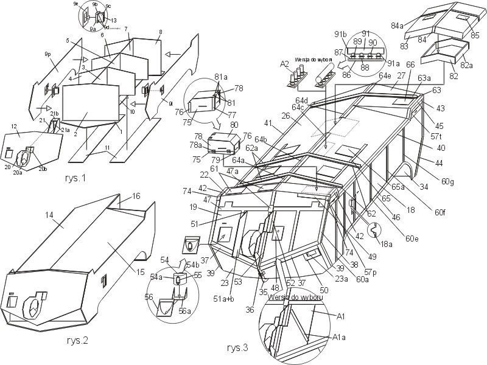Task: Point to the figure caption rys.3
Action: (238, 348)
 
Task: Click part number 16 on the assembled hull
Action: (136, 196)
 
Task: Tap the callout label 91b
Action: (340, 34)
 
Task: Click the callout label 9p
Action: (47, 55)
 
